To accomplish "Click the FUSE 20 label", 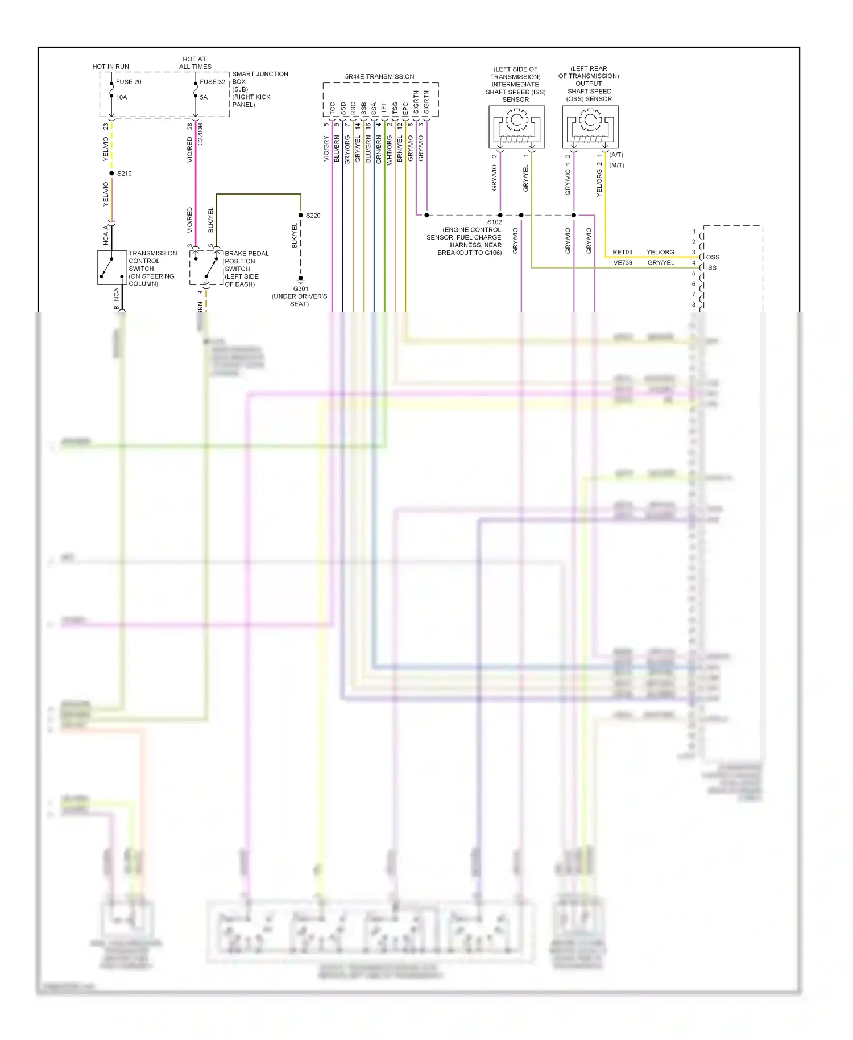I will point(129,82).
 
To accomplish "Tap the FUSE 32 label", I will point(213,82).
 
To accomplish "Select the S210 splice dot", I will point(111,174).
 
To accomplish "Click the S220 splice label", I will point(313,216).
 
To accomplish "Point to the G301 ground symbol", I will point(301,279).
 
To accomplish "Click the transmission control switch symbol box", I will point(112,267).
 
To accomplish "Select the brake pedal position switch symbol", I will point(206,267).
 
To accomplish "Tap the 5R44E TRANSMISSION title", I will point(379,77).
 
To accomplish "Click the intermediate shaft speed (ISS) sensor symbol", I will point(517,127).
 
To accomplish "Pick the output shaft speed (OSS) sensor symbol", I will point(590,127).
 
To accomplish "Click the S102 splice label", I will point(494,222).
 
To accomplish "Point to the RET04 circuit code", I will point(622,252).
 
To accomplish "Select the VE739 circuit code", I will point(623,263).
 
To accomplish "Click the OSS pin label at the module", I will point(713,257).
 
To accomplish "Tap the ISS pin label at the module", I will point(711,268).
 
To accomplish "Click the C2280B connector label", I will point(200,134).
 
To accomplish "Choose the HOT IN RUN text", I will point(110,67).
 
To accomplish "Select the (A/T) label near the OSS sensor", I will point(616,155).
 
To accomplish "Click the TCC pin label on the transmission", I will point(333,108).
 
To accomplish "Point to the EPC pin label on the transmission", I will point(405,108).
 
